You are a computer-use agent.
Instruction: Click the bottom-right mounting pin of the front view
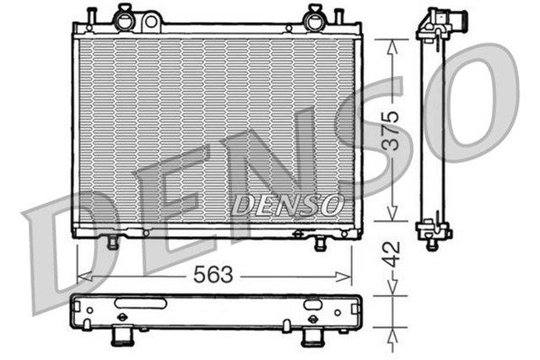click(321, 244)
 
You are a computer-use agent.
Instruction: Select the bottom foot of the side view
click(431, 243)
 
